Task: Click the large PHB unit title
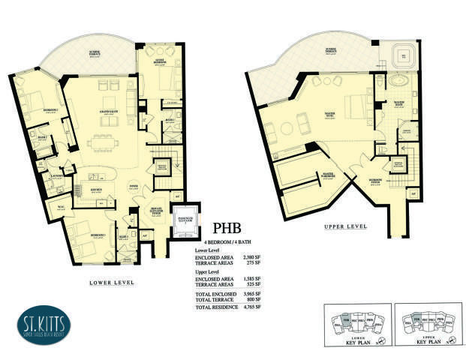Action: point(230,226)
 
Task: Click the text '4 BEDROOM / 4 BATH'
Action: point(231,240)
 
